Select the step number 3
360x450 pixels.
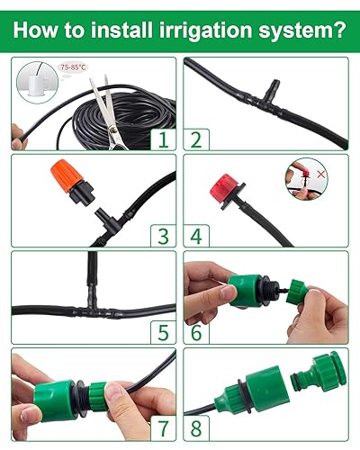pyautogui.click(x=163, y=236)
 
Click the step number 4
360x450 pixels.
pyautogui.click(x=195, y=236)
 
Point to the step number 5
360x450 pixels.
pyautogui.click(x=163, y=332)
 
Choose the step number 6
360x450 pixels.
pyautogui.click(x=195, y=332)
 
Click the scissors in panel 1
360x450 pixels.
pyautogui.click(x=106, y=106)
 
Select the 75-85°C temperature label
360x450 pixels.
pyautogui.click(x=71, y=67)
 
